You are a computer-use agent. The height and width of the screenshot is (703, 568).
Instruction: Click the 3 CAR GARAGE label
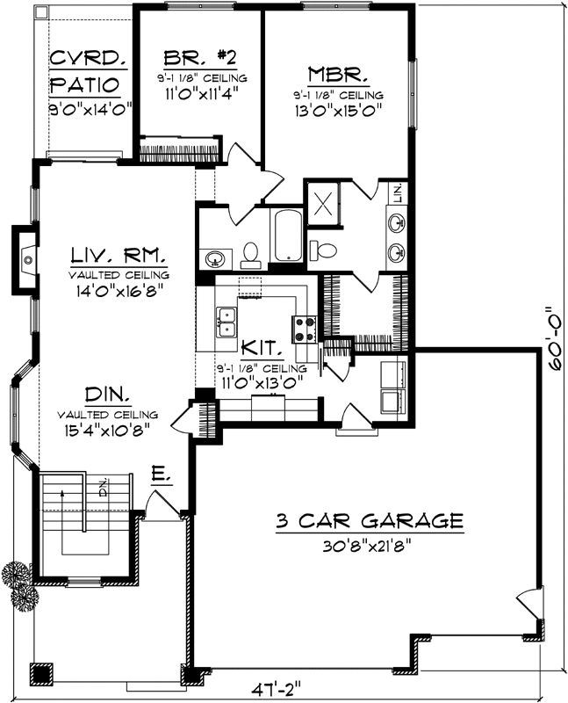tap(368, 520)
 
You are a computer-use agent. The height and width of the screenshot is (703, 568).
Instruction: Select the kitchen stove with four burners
tap(305, 329)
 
